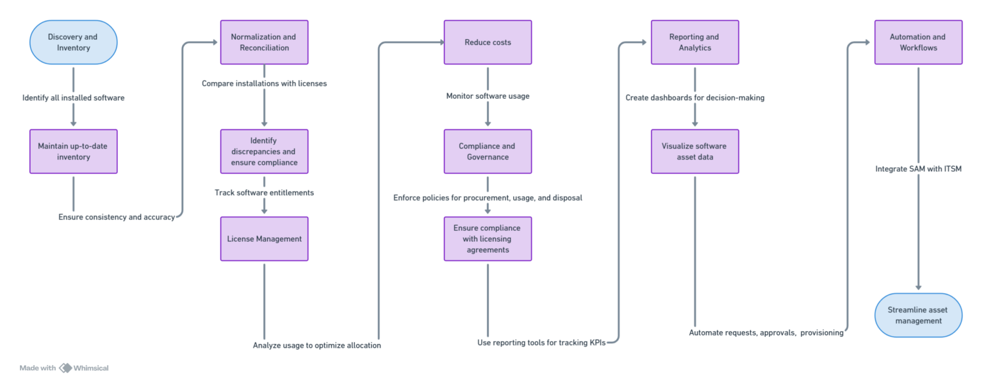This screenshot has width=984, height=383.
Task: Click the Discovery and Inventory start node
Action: click(x=73, y=42)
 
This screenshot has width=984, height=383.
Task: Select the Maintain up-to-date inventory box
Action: click(x=73, y=151)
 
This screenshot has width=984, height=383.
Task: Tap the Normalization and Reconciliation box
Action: click(x=264, y=42)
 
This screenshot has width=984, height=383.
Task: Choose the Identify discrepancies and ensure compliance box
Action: click(x=264, y=151)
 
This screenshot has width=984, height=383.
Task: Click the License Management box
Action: click(x=264, y=239)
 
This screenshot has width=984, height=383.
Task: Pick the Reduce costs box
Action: click(x=488, y=42)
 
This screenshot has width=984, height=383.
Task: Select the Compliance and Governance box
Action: click(x=488, y=151)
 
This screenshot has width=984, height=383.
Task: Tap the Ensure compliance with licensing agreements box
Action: click(x=488, y=239)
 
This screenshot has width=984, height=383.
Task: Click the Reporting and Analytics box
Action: click(x=694, y=42)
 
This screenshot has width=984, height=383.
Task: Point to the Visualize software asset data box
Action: click(x=694, y=151)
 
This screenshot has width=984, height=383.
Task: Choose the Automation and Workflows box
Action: click(x=918, y=42)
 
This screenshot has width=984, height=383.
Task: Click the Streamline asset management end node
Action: click(x=918, y=315)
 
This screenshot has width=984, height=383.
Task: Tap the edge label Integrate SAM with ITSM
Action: click(x=918, y=169)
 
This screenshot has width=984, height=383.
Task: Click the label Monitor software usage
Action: click(x=488, y=96)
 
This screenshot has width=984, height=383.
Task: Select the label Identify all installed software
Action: click(x=73, y=98)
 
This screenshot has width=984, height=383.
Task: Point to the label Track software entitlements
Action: click(x=264, y=192)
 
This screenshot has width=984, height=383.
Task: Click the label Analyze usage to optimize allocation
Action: click(x=316, y=345)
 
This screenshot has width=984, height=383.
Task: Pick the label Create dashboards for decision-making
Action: click(x=694, y=98)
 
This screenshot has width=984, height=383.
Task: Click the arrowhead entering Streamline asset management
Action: click(x=918, y=288)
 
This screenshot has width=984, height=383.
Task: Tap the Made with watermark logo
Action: click(x=65, y=368)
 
